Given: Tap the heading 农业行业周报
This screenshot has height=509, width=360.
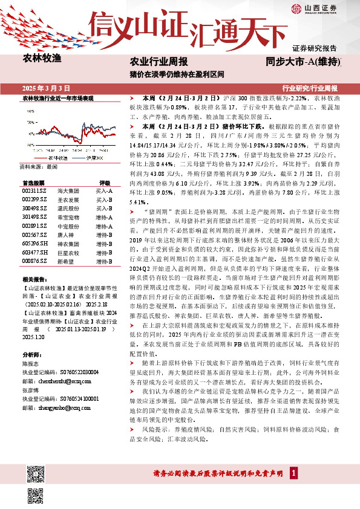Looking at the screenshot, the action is click(x=159, y=62).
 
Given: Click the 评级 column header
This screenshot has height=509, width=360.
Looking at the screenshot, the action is click(x=104, y=181).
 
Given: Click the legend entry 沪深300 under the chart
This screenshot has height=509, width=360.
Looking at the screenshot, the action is click(x=91, y=157).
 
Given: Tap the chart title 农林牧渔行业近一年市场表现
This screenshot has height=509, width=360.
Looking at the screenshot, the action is click(x=57, y=97).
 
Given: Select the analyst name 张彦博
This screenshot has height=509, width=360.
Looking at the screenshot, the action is click(x=30, y=390).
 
